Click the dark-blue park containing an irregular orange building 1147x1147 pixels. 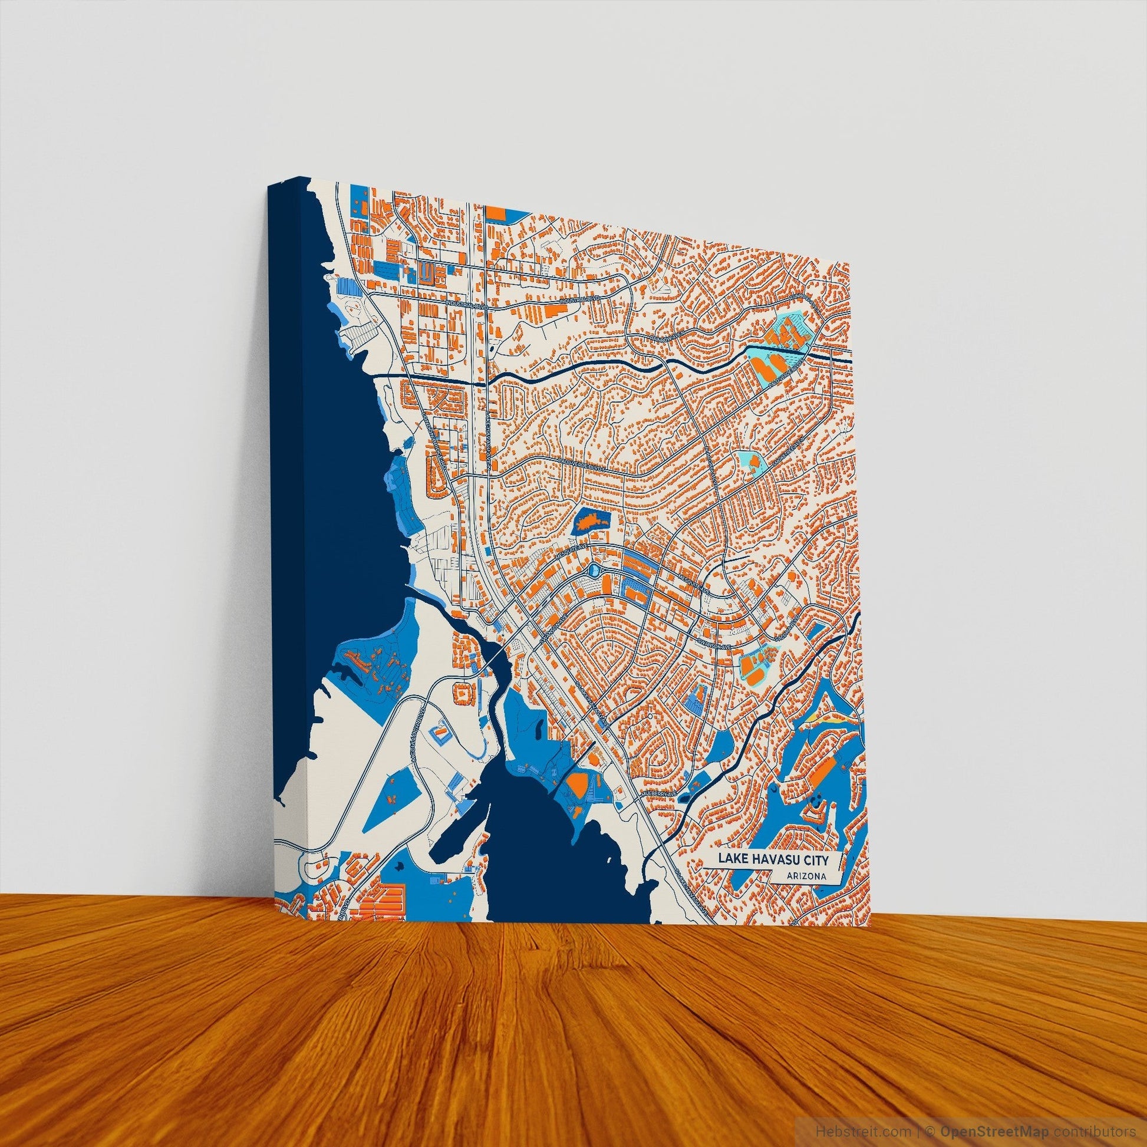[x=591, y=522]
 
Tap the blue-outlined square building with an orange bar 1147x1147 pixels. [x=439, y=730]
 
